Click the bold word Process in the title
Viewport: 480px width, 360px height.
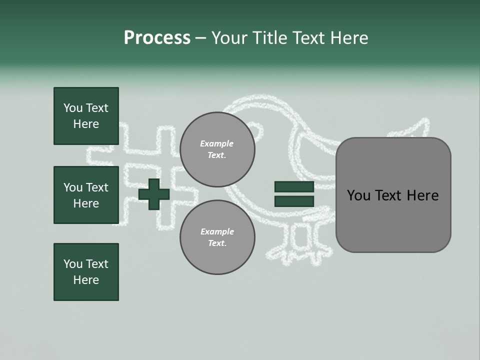[157, 38]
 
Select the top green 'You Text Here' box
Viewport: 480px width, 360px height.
[86, 116]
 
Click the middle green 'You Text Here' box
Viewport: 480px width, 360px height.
[86, 195]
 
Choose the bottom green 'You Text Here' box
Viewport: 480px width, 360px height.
[86, 272]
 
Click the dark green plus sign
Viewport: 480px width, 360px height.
[154, 194]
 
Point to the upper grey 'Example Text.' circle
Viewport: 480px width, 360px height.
[217, 149]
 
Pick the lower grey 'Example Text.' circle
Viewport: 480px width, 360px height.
[217, 237]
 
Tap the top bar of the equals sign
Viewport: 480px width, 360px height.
[294, 187]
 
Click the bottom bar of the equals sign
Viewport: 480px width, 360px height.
[294, 201]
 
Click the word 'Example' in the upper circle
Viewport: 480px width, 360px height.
[217, 143]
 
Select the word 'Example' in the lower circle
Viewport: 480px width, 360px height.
[217, 231]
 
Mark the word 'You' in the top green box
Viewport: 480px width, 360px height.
[73, 108]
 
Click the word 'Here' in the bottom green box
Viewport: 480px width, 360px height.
[86, 280]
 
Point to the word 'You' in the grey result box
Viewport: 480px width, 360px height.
[358, 195]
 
